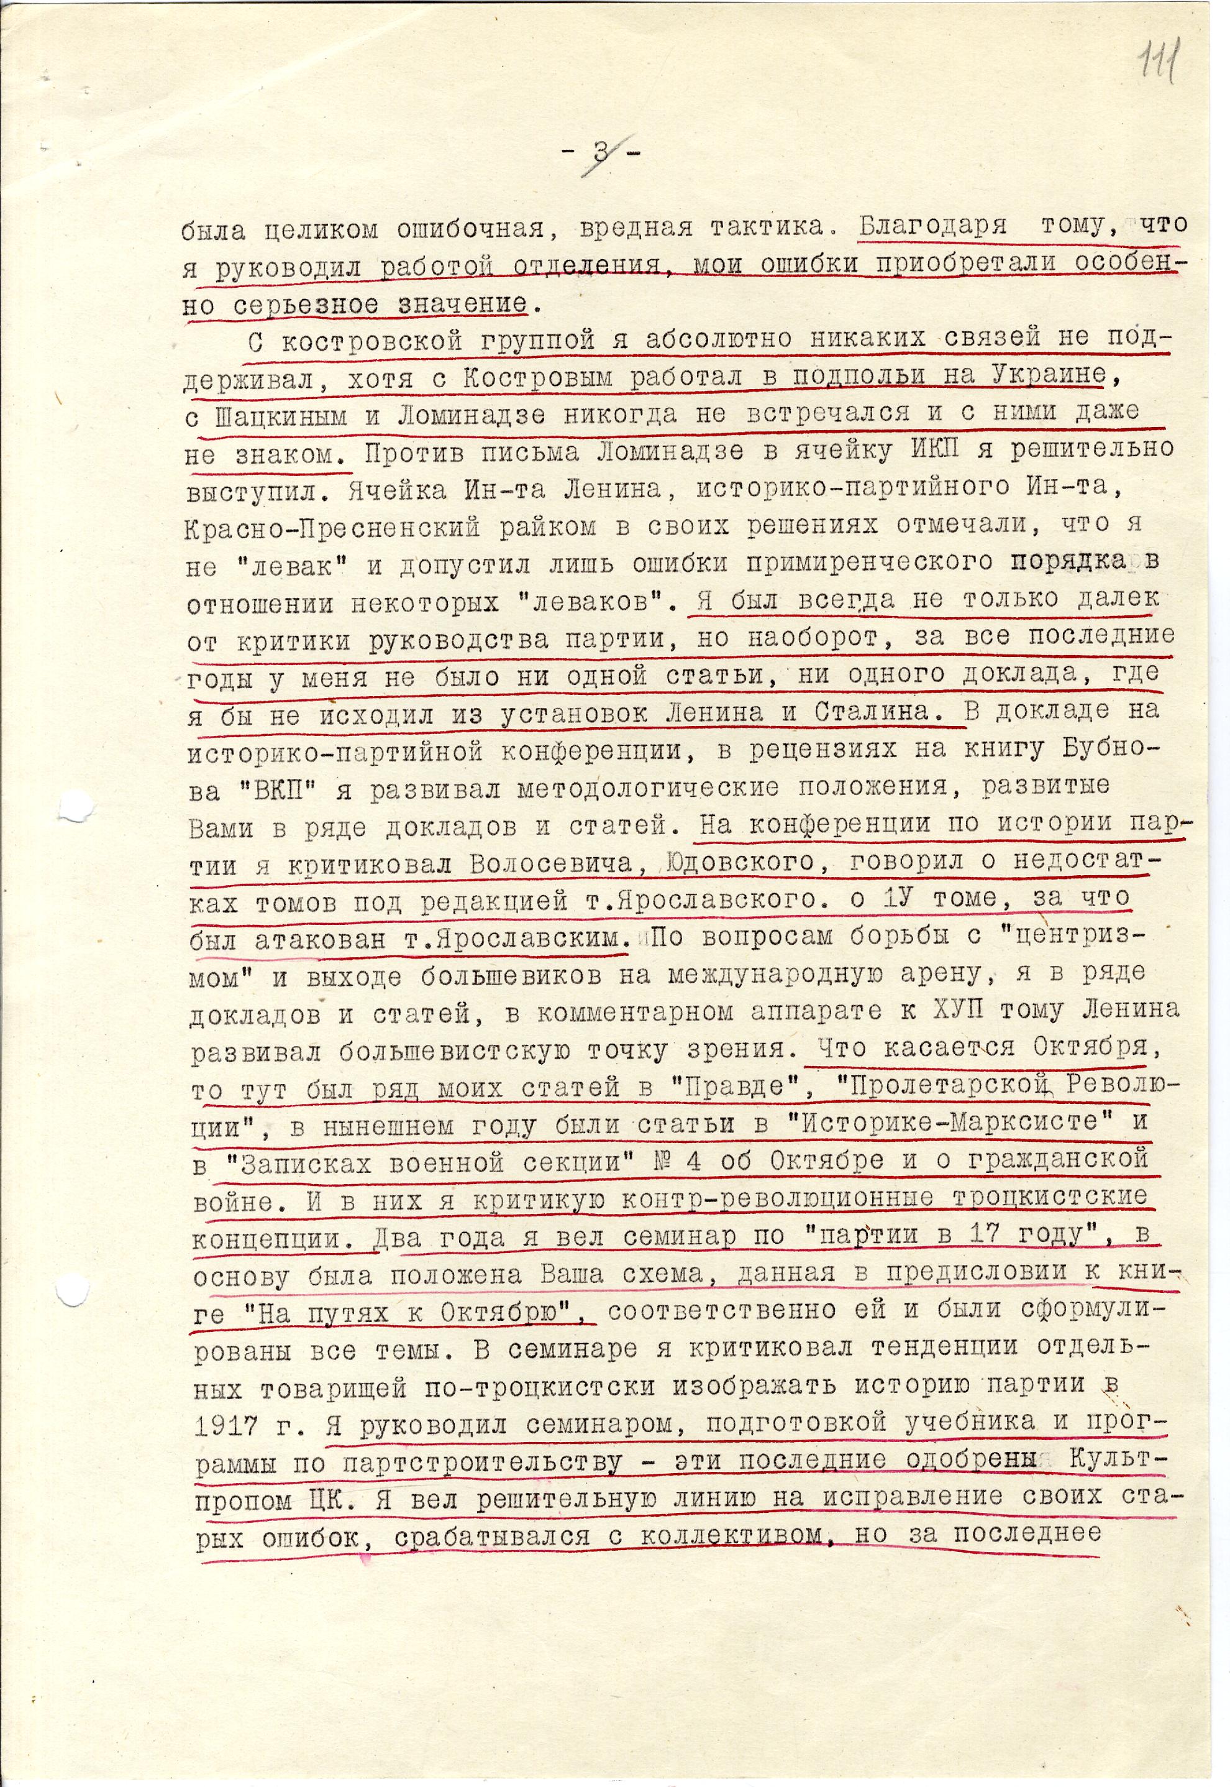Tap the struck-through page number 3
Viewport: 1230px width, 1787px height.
tap(600, 152)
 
